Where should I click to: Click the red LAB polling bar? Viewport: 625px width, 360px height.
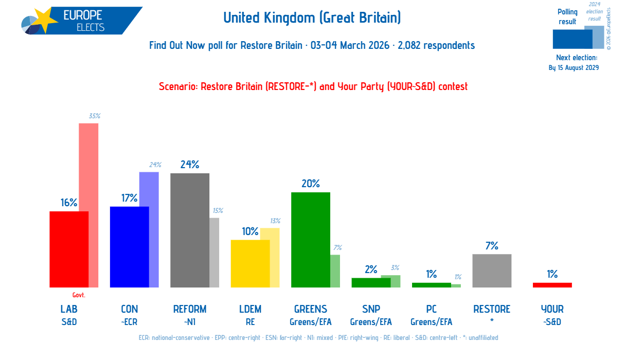coord(68,249)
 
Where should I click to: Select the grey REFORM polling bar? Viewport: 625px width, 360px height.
coord(189,230)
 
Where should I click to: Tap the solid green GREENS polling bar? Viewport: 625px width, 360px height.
coord(310,240)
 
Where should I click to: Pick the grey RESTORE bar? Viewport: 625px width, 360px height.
coord(492,271)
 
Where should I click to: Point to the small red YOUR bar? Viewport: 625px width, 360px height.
coord(552,285)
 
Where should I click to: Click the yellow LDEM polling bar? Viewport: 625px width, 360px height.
coord(250,263)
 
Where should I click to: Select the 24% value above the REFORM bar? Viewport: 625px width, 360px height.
coord(189,165)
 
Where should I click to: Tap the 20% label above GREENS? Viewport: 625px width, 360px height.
coord(311,184)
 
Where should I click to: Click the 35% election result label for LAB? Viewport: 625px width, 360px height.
coord(94,116)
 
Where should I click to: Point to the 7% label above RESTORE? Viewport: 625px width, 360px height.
coord(492,246)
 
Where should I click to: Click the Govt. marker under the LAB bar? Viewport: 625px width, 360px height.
coord(79,295)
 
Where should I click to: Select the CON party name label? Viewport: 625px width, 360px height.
coord(129,309)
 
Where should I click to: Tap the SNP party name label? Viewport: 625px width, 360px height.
coord(371,309)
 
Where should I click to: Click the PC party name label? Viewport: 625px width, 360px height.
coord(431,309)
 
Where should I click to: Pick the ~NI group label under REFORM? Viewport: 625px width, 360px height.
coord(190,322)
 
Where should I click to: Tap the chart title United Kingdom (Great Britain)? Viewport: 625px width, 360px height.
coord(312,18)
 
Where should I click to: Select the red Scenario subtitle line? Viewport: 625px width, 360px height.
coord(313,86)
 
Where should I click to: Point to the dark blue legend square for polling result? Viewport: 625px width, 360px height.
coord(572,39)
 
